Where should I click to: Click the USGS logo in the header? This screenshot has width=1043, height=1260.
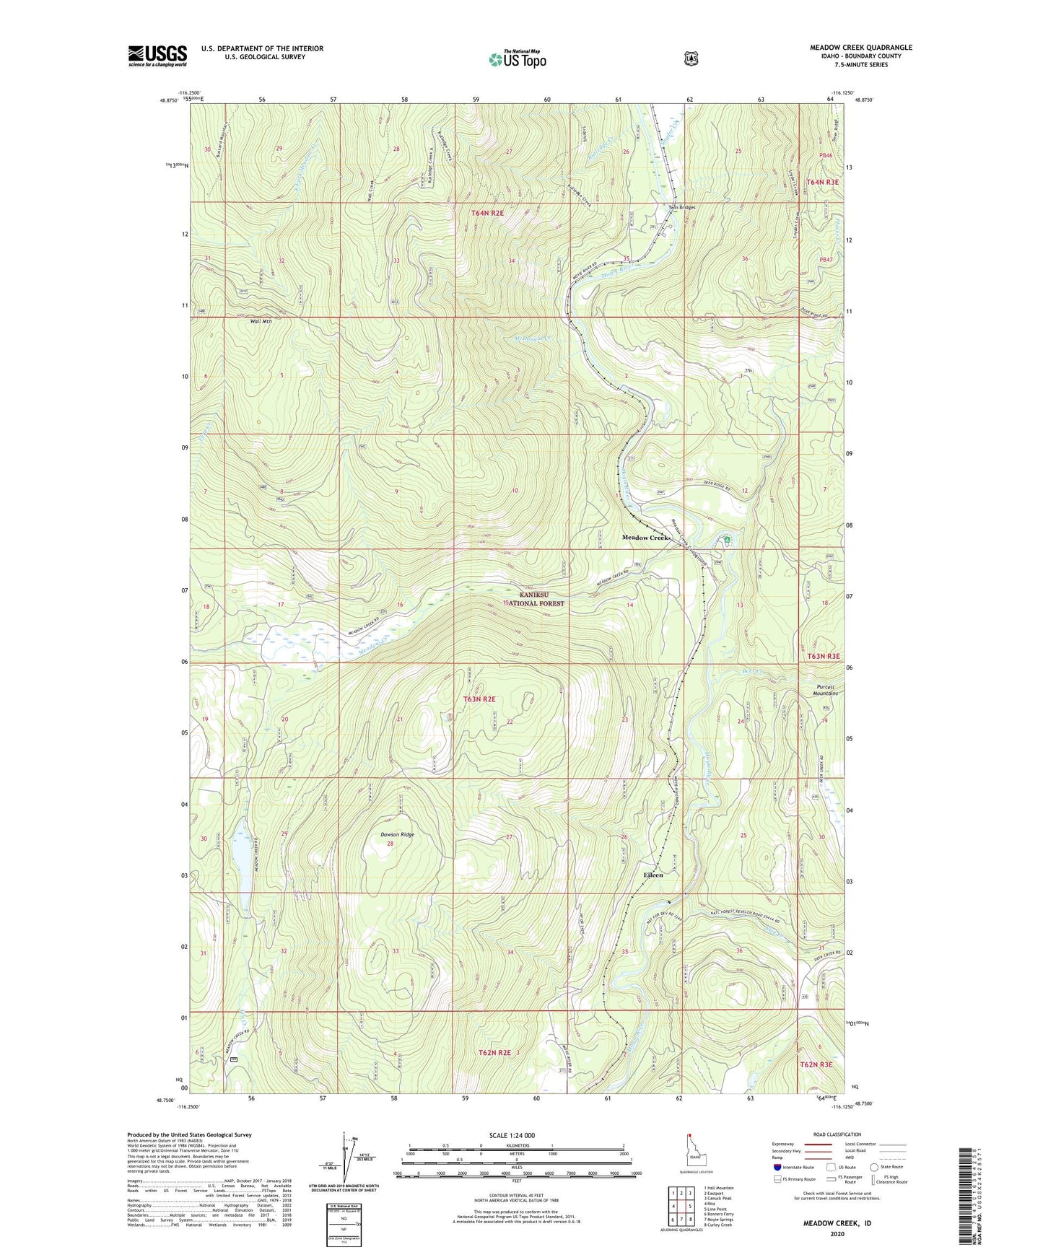click(157, 56)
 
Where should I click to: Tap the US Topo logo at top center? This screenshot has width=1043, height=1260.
click(516, 59)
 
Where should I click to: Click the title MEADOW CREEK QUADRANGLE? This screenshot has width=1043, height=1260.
click(860, 48)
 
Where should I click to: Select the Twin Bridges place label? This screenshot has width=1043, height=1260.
click(681, 207)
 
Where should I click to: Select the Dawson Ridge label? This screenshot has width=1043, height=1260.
click(397, 834)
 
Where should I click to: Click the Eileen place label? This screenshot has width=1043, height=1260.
click(653, 875)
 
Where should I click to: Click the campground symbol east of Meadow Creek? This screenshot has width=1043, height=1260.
click(727, 540)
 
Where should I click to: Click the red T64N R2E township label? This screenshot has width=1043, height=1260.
click(487, 213)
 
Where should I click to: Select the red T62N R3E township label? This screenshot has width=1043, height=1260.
click(815, 1064)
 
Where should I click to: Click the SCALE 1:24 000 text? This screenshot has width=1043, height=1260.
click(512, 1135)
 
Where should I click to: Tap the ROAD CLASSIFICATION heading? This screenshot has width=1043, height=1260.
click(837, 1134)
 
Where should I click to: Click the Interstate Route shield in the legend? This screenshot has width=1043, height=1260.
click(777, 1167)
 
